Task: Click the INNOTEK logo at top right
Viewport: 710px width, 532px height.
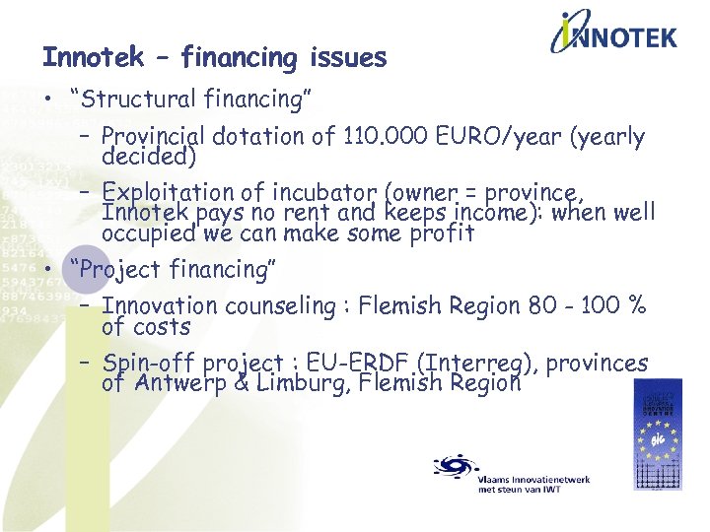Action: [x=612, y=37]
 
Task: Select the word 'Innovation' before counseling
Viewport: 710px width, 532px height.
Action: [x=160, y=306]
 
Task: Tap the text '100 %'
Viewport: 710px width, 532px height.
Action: [x=619, y=306]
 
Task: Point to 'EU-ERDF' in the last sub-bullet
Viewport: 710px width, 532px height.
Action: [x=375, y=363]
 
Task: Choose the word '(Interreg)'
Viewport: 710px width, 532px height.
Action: [x=483, y=363]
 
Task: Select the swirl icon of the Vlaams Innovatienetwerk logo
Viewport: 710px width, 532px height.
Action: [x=455, y=465]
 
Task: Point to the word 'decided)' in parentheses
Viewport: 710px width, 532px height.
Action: [x=149, y=157]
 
